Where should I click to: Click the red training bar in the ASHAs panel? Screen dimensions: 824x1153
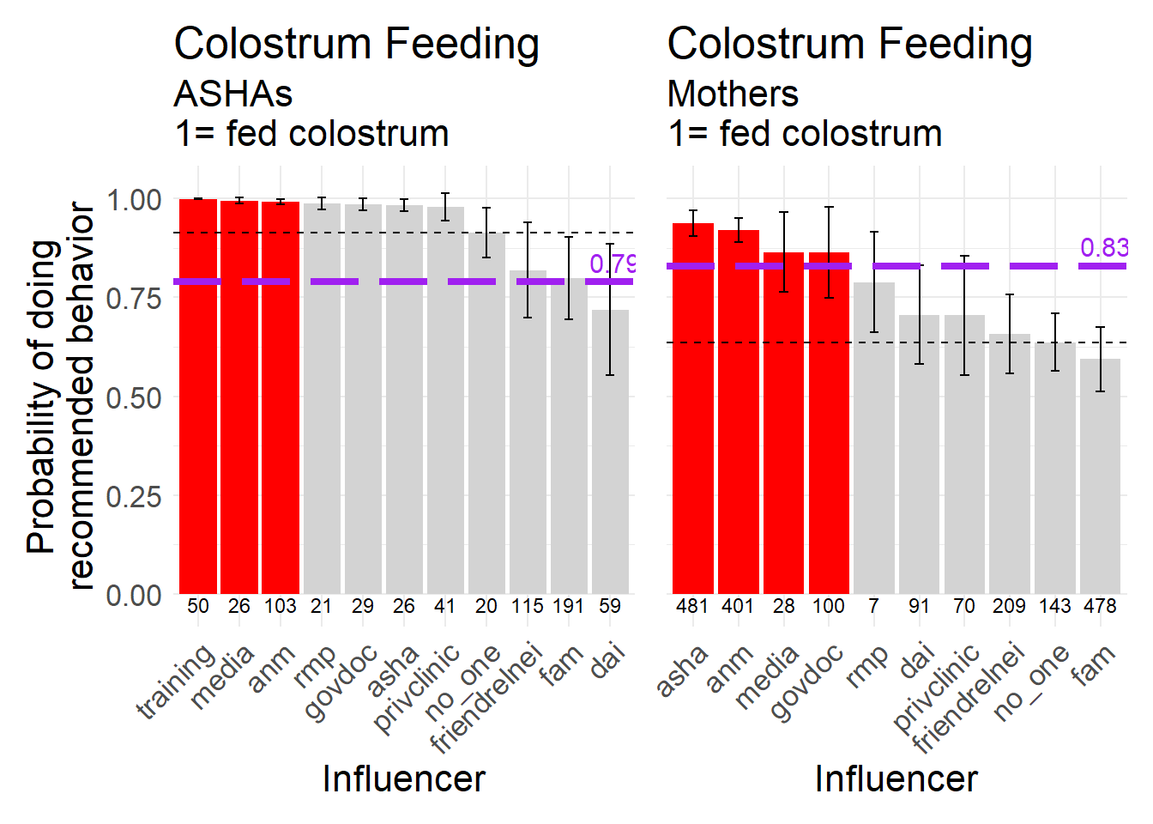coord(198,395)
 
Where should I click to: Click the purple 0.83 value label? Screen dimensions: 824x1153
coord(1103,248)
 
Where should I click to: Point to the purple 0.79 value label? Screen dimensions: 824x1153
coord(613,264)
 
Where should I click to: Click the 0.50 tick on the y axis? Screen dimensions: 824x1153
coord(134,397)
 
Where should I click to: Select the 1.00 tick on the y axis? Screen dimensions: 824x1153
coord(134,200)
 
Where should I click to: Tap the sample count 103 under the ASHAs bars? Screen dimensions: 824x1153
coord(280,606)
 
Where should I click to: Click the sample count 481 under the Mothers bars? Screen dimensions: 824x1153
coord(691,606)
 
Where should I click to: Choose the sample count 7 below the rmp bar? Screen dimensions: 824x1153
coord(873,606)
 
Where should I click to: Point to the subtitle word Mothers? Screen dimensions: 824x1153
coord(733,94)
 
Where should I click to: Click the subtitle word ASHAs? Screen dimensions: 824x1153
coord(233,94)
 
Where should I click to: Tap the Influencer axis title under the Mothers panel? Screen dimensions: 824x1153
coord(896,779)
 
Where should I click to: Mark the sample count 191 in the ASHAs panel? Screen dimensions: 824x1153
coord(568,606)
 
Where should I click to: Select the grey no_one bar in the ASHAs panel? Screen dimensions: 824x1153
coord(486,412)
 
